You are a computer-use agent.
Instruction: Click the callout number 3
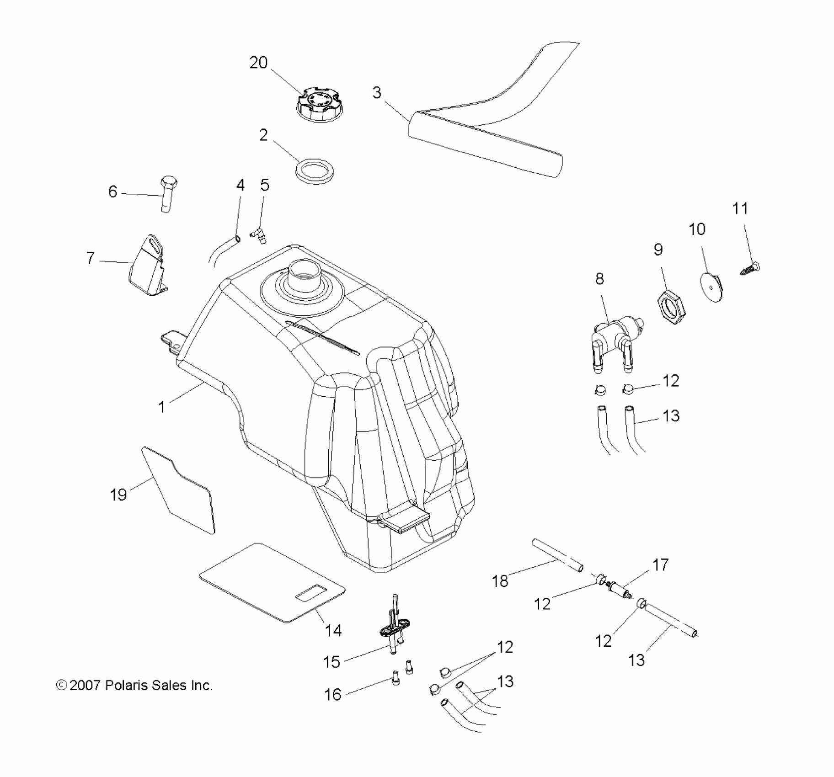point(376,93)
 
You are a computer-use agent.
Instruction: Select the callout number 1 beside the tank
point(161,407)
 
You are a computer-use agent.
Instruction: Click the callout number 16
point(332,695)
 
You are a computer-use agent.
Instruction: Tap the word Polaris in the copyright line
point(124,686)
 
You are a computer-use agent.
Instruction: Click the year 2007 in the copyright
point(85,686)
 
